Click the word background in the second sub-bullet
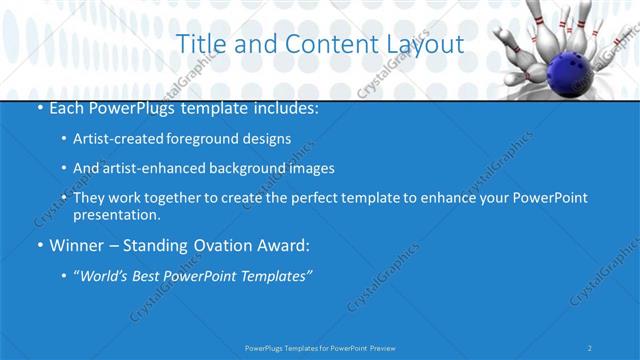point(250,168)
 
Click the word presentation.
point(116,214)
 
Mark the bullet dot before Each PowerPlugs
point(39,106)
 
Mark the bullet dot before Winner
point(39,245)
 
